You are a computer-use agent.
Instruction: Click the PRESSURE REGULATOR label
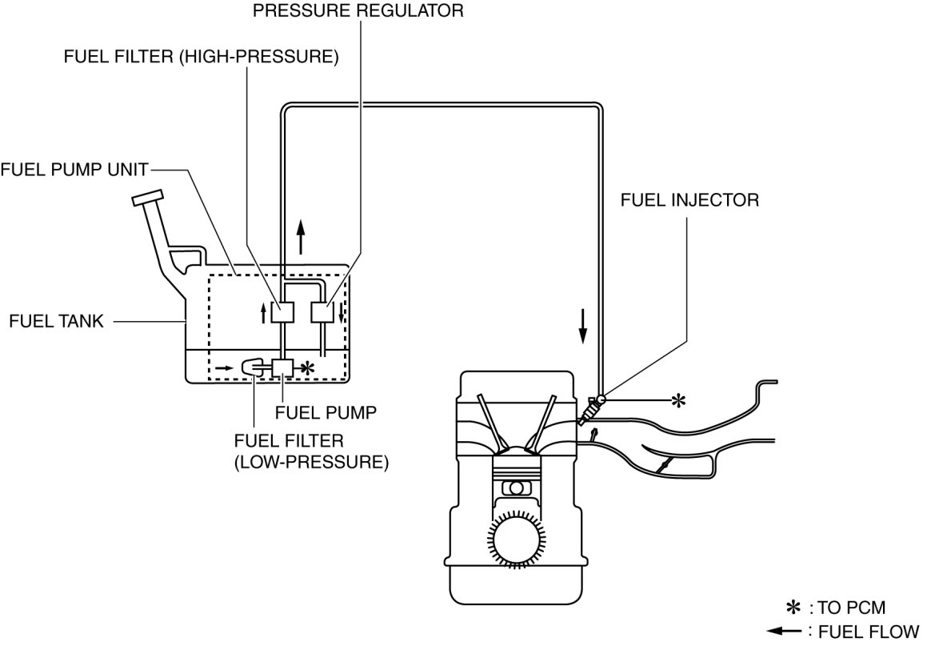358,11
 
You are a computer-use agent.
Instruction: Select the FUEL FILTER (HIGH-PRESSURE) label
201,56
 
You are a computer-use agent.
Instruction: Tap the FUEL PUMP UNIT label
74,170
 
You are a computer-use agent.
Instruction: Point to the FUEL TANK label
57,321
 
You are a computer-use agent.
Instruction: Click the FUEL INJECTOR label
689,200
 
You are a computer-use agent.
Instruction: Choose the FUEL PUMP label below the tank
326,412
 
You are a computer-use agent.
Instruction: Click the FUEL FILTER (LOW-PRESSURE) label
311,451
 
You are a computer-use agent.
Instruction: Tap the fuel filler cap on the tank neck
147,198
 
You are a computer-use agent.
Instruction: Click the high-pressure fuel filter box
282,313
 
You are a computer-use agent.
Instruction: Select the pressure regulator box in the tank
322,313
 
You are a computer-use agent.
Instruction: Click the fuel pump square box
282,367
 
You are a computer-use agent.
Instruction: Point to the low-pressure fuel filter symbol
252,367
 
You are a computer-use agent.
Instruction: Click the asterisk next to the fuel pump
307,368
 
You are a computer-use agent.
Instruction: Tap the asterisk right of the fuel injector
677,400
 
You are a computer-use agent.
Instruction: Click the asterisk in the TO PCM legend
794,607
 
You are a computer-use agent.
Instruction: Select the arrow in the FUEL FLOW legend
784,631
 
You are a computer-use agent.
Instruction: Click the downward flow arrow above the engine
582,327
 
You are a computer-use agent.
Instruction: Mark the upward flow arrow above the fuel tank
301,237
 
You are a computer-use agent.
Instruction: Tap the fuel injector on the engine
590,409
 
